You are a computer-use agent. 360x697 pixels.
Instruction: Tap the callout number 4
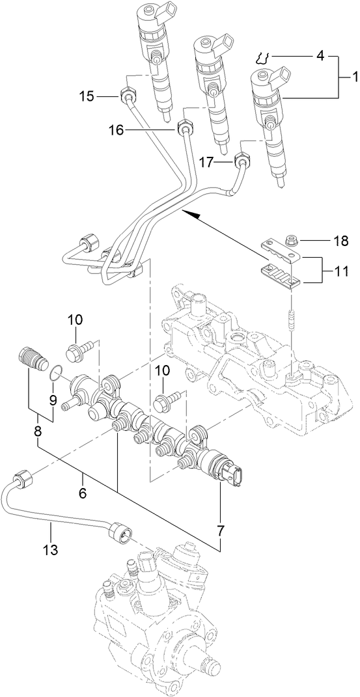(x=320, y=56)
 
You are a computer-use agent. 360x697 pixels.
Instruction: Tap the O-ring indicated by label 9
(x=57, y=374)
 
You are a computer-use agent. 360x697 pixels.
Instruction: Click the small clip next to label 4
(x=264, y=57)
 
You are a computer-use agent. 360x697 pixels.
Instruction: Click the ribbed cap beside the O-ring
(x=31, y=359)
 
